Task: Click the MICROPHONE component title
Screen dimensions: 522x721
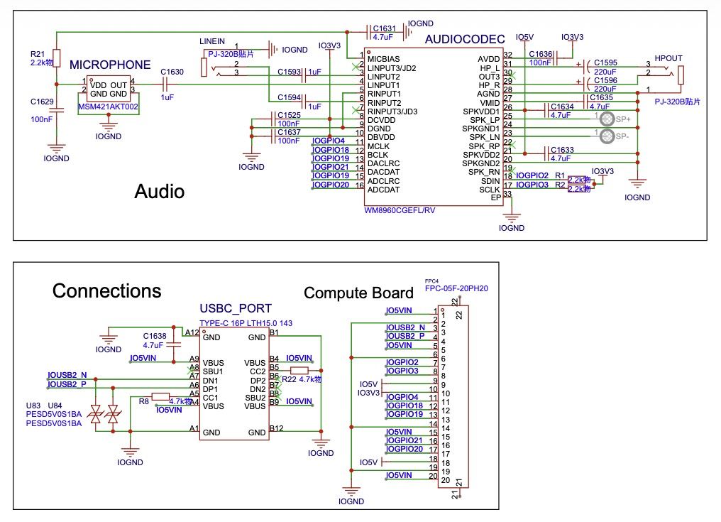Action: [x=110, y=65]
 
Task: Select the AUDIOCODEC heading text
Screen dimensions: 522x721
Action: [x=464, y=39]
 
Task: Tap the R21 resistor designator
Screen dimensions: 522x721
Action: [x=38, y=54]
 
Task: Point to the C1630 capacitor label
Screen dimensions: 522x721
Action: [x=172, y=72]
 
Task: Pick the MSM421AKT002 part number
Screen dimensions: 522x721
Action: [x=108, y=107]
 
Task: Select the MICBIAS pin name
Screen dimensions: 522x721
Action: [x=383, y=59]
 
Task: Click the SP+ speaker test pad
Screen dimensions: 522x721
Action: [x=607, y=119]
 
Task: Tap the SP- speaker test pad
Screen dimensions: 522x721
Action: [x=607, y=135]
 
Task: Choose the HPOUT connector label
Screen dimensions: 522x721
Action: [x=668, y=58]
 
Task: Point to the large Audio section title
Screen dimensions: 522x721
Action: [x=160, y=191]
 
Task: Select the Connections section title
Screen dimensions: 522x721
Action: [x=106, y=291]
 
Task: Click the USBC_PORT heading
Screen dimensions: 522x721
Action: [x=236, y=308]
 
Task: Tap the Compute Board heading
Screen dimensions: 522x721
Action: [x=358, y=293]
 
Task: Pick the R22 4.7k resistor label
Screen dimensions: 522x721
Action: [x=302, y=380]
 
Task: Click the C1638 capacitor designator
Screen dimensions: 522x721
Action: [x=154, y=335]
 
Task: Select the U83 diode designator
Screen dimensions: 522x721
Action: [x=33, y=406]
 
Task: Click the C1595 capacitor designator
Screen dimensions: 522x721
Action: [x=605, y=62]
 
